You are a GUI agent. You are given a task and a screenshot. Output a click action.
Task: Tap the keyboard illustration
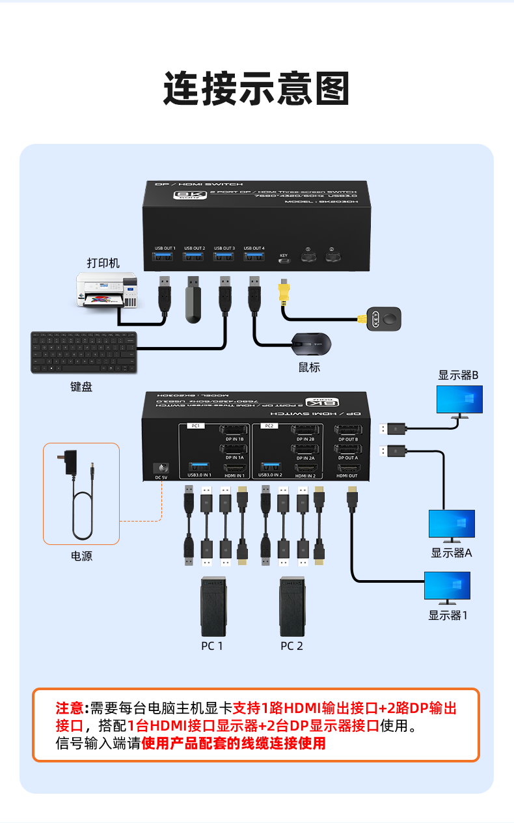coord(83,352)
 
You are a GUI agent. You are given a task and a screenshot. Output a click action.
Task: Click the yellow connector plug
coord(283,294)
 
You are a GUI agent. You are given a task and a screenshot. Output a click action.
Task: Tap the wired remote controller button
coord(384,318)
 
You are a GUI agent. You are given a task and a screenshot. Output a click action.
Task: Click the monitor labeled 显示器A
coord(452,525)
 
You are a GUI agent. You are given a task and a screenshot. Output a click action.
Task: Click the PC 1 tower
coord(213,607)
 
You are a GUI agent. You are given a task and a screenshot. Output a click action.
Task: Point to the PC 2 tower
coord(292,607)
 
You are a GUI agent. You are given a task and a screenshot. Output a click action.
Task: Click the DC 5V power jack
coord(161,468)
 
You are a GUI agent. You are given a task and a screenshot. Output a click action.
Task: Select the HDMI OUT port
coord(347,467)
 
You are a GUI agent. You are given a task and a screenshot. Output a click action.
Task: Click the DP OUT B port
coord(347,430)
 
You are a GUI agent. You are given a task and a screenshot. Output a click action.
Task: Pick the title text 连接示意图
coord(256,89)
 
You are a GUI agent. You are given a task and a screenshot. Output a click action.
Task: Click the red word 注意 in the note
coord(70,708)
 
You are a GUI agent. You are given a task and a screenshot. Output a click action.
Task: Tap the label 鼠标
coord(310,367)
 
